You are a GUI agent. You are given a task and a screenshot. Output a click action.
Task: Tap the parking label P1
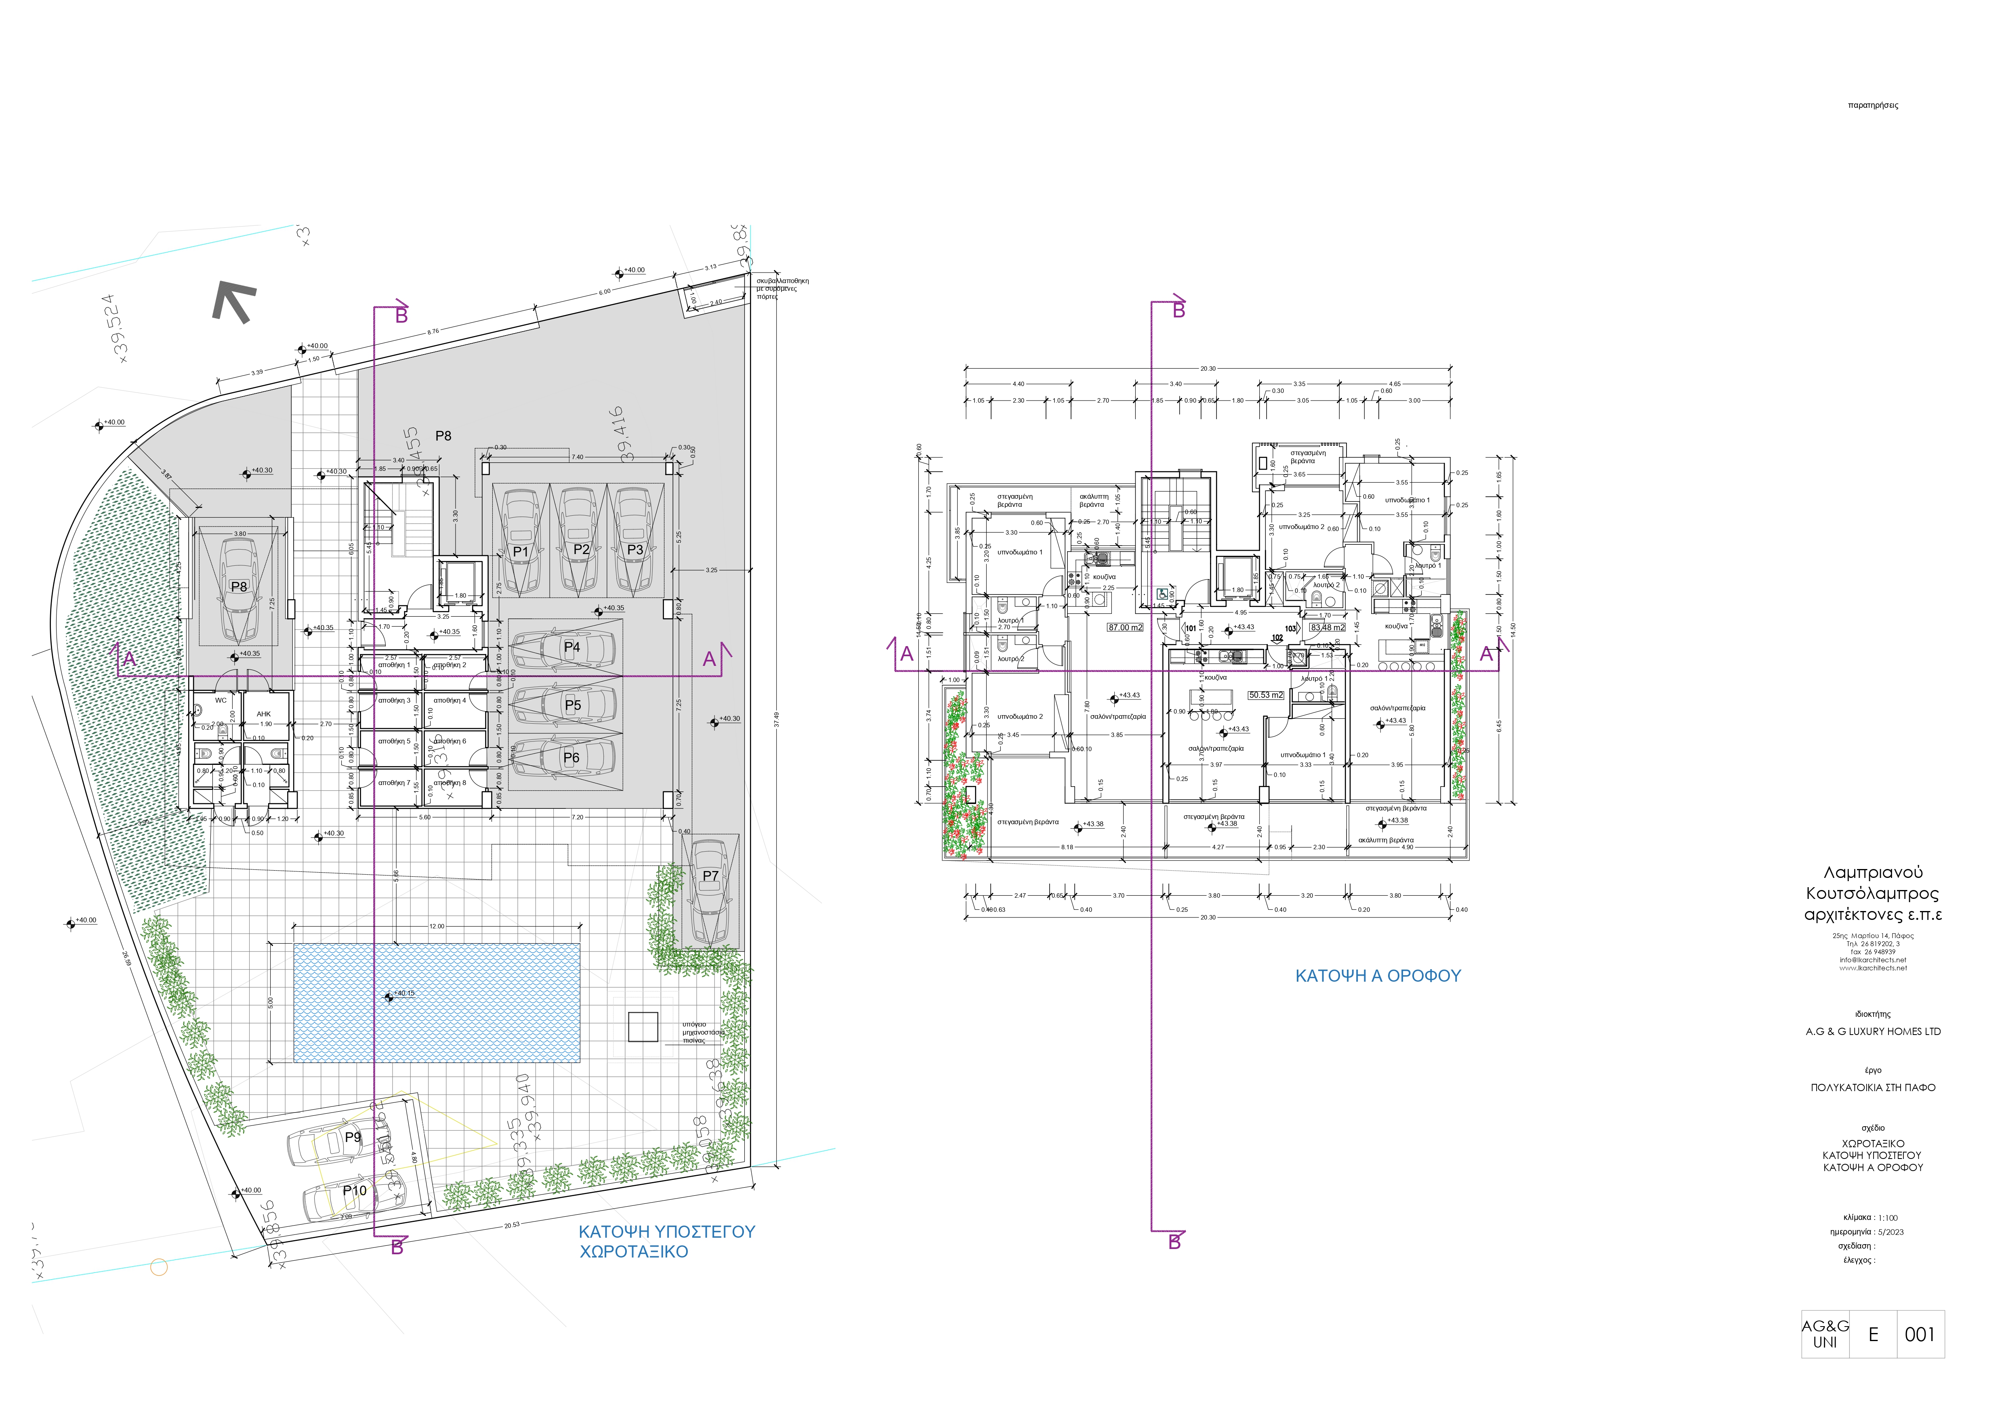pyautogui.click(x=521, y=551)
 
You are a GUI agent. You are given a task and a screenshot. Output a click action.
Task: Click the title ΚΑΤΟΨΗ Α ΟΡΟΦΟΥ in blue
pyautogui.click(x=1378, y=976)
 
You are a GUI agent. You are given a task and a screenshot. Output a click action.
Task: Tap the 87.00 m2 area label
pyautogui.click(x=1124, y=627)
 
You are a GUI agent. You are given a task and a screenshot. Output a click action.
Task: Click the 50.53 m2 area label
pyautogui.click(x=1265, y=695)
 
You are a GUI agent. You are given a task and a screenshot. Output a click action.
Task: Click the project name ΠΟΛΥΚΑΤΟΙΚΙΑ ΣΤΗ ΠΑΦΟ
pyautogui.click(x=1872, y=1087)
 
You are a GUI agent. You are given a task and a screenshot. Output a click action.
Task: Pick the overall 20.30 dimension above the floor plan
pyautogui.click(x=1208, y=369)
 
